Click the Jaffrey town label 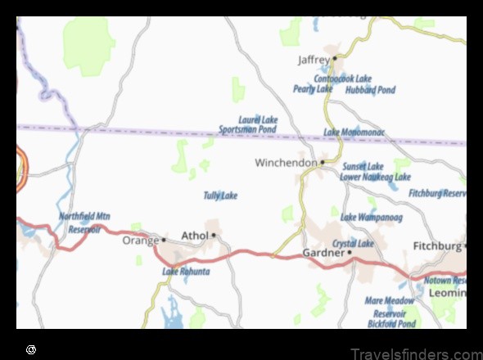(313, 60)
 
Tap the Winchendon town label (285, 163)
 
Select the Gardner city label (323, 253)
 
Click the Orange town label (140, 241)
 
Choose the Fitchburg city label (436, 245)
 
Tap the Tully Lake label (220, 196)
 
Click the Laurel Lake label (258, 120)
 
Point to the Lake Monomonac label (354, 132)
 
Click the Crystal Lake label (353, 244)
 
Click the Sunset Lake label (363, 166)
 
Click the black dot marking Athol (214, 236)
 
